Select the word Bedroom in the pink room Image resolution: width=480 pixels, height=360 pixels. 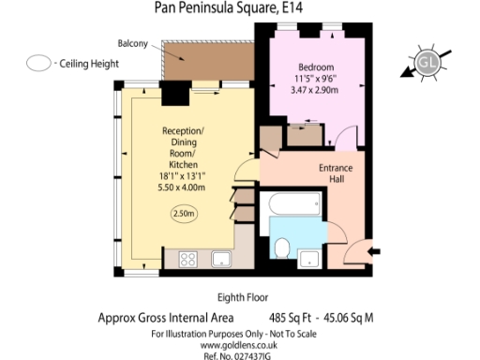[x=317, y=67]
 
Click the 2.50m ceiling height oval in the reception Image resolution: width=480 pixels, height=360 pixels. [x=184, y=214]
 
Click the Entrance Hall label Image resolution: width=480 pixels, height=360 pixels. [x=335, y=173]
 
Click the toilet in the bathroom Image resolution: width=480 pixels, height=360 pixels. [x=282, y=247]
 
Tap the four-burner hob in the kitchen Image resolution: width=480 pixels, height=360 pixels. [x=187, y=259]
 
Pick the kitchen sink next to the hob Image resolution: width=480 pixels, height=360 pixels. [x=223, y=259]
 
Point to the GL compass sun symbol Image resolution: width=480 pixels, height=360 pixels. [x=430, y=63]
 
